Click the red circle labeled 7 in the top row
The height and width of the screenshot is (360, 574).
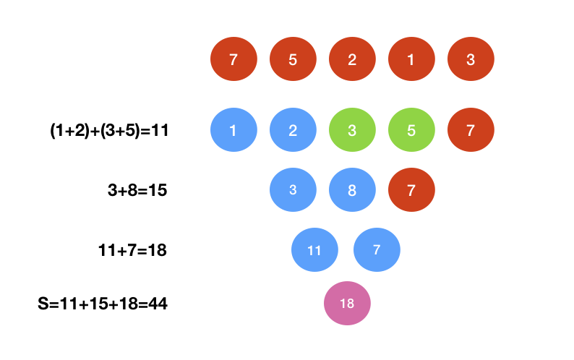click(x=234, y=60)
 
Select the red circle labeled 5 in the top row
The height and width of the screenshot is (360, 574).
click(x=293, y=60)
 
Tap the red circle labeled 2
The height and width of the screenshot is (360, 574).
click(x=352, y=60)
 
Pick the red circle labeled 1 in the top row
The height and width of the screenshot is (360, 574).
click(x=411, y=60)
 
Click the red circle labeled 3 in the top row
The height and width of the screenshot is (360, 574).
click(x=471, y=60)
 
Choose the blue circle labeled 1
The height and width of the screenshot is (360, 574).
click(x=234, y=131)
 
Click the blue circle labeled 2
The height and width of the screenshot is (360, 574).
click(x=293, y=131)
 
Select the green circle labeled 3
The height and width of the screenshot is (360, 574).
click(x=352, y=131)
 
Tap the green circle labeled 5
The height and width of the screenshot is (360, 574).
click(x=411, y=131)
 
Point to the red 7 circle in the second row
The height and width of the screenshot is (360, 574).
click(x=471, y=131)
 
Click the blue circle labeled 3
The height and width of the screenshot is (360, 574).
click(x=293, y=190)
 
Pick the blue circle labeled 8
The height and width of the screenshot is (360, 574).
click(x=352, y=190)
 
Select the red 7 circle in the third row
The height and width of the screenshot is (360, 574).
click(x=411, y=190)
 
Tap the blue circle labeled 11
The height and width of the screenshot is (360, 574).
click(x=314, y=250)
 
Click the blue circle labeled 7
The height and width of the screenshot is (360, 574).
click(x=377, y=250)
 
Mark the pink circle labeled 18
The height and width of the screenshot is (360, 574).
click(x=347, y=304)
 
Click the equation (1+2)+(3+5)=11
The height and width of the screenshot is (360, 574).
click(x=108, y=131)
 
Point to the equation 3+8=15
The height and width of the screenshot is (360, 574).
click(x=137, y=190)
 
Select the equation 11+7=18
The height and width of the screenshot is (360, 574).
click(x=132, y=250)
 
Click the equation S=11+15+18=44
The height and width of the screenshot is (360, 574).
click(x=103, y=304)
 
